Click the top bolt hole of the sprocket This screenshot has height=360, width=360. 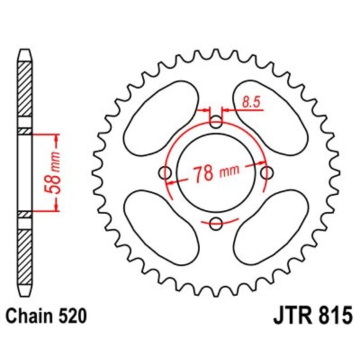216,123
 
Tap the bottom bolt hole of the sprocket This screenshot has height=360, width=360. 216,223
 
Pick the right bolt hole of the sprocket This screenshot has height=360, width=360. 267,173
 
